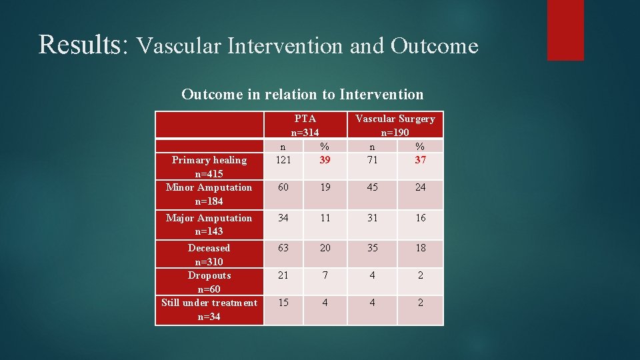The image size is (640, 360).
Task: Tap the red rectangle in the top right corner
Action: tap(565, 30)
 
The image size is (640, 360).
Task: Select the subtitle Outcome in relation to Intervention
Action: tap(302, 94)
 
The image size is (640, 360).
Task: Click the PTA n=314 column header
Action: tap(305, 125)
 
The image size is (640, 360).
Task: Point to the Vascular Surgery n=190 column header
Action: tap(395, 125)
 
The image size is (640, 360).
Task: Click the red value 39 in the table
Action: tap(325, 160)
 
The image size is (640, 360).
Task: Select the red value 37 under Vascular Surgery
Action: tap(420, 160)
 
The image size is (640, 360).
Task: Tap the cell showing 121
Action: tap(283, 160)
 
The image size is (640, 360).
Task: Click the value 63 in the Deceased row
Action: tap(283, 248)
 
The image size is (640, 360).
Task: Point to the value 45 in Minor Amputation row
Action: tap(372, 187)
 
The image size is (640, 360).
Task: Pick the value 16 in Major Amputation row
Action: tap(420, 218)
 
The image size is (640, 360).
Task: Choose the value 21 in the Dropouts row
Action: tap(283, 275)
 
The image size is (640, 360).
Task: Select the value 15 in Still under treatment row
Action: tap(283, 303)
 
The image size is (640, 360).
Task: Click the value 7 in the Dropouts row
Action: tap(325, 275)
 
